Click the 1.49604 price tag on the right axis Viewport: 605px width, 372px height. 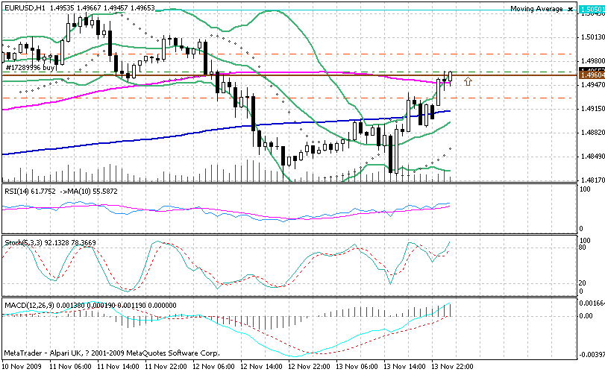(591, 75)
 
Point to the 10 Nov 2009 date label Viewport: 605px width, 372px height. (22, 366)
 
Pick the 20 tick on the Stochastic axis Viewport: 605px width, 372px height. (583, 283)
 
